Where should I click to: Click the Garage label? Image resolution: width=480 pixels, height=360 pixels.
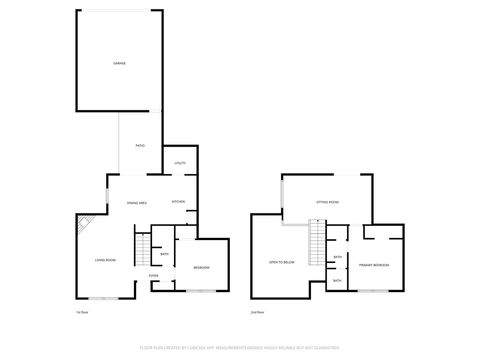(x=119, y=63)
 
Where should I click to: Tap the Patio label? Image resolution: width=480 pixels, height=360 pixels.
(x=140, y=146)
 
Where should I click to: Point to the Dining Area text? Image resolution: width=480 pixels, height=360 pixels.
(x=137, y=203)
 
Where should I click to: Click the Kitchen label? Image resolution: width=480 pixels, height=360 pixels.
(x=178, y=202)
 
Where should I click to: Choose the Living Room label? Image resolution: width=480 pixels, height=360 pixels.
(x=105, y=261)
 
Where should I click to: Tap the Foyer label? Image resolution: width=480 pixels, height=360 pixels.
(x=153, y=275)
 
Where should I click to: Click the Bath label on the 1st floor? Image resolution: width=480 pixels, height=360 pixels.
(x=164, y=254)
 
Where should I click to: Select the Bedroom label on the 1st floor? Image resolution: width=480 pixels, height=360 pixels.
(x=201, y=267)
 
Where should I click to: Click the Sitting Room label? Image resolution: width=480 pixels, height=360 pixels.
(x=328, y=202)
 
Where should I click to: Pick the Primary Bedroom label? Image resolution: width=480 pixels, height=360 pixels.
(x=374, y=264)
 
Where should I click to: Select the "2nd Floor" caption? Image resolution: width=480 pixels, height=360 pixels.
(x=257, y=313)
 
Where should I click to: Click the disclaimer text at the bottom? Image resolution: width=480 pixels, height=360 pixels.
(x=239, y=348)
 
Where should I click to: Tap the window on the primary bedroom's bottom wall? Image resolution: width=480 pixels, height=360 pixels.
(x=374, y=291)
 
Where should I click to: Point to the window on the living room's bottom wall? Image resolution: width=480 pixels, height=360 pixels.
(x=101, y=299)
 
